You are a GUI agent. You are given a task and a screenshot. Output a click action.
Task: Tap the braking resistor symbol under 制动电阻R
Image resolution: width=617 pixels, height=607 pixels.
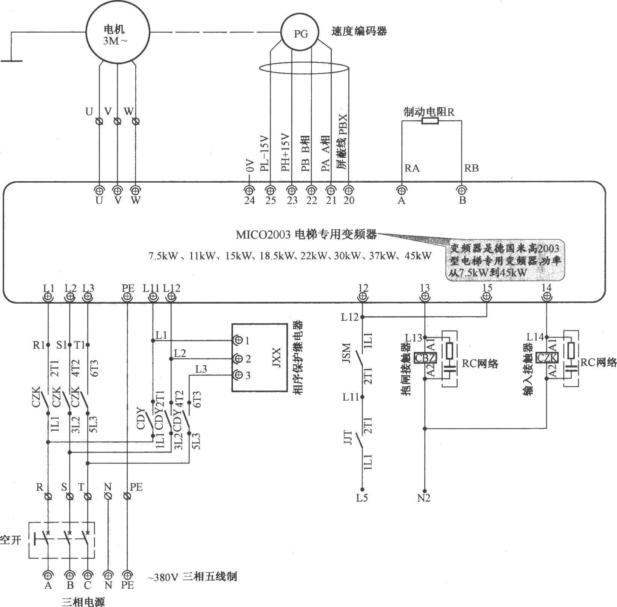[430, 121]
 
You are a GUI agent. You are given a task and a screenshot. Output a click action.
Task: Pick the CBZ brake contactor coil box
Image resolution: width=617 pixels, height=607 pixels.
[425, 357]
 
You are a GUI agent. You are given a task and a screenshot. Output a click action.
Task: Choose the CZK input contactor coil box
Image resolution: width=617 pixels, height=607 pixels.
[547, 357]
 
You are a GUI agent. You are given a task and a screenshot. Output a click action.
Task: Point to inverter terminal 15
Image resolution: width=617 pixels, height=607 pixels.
[487, 297]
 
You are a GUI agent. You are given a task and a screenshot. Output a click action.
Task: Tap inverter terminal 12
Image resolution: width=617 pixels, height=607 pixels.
[363, 297]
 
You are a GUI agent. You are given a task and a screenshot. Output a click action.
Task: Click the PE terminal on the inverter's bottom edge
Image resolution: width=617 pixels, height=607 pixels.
[127, 297]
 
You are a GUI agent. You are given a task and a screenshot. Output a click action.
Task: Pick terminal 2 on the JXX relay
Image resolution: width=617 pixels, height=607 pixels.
[237, 359]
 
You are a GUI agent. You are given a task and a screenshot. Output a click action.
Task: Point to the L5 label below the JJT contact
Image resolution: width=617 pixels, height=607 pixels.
[362, 498]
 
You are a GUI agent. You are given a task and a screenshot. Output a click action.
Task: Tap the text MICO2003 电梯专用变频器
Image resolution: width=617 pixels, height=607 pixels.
[306, 235]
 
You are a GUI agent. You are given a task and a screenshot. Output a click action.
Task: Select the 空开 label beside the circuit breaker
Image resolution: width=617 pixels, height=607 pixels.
[10, 540]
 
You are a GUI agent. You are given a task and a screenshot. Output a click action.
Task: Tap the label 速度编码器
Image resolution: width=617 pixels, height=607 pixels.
[359, 31]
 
